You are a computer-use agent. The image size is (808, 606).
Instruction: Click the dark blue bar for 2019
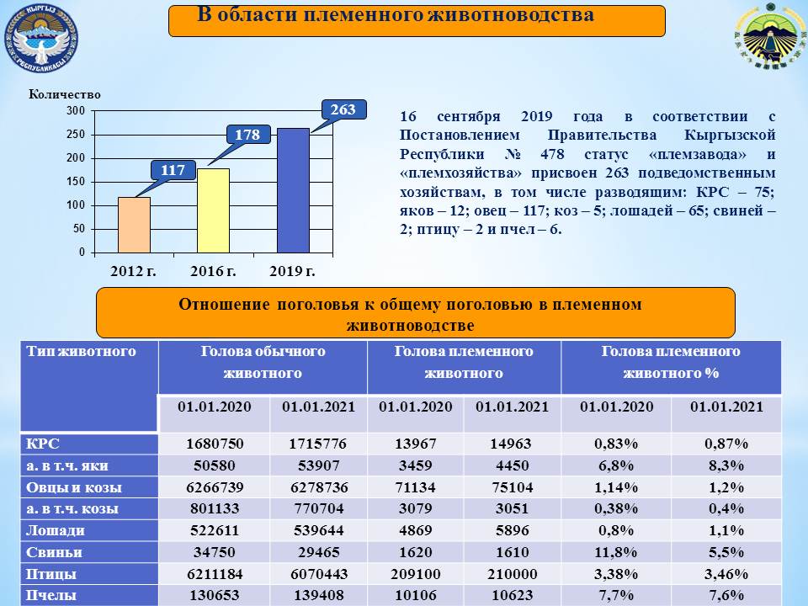pos(293,190)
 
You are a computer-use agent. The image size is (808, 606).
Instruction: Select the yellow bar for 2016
pos(213,210)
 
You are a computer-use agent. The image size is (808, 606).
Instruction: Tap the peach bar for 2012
pos(134,225)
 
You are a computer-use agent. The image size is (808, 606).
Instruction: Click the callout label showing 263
pos(343,109)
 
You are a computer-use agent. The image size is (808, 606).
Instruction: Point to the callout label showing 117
pos(173,170)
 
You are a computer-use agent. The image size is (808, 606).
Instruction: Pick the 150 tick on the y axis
pos(75,182)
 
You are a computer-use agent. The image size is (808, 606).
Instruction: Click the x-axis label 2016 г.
pos(213,271)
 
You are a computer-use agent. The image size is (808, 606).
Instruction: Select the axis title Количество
pos(65,94)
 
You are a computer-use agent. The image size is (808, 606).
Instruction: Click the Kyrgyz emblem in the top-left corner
pos(41,38)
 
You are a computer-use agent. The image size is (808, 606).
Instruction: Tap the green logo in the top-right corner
pos(770,36)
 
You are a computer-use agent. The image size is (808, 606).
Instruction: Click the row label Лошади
pos(56,531)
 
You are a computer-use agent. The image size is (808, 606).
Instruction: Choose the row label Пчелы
pos(51,595)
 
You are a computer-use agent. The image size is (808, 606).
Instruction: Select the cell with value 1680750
pos(215,444)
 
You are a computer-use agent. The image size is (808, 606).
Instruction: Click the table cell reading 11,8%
pos(616,552)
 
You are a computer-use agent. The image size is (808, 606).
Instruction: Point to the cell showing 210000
pos(513,574)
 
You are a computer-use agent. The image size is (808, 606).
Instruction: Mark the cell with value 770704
pos(319,508)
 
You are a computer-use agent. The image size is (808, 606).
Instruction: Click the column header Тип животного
pos(82,352)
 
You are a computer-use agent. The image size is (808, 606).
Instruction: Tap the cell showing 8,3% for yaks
pos(726,465)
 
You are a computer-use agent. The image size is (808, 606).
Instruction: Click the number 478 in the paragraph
pos(552,154)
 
